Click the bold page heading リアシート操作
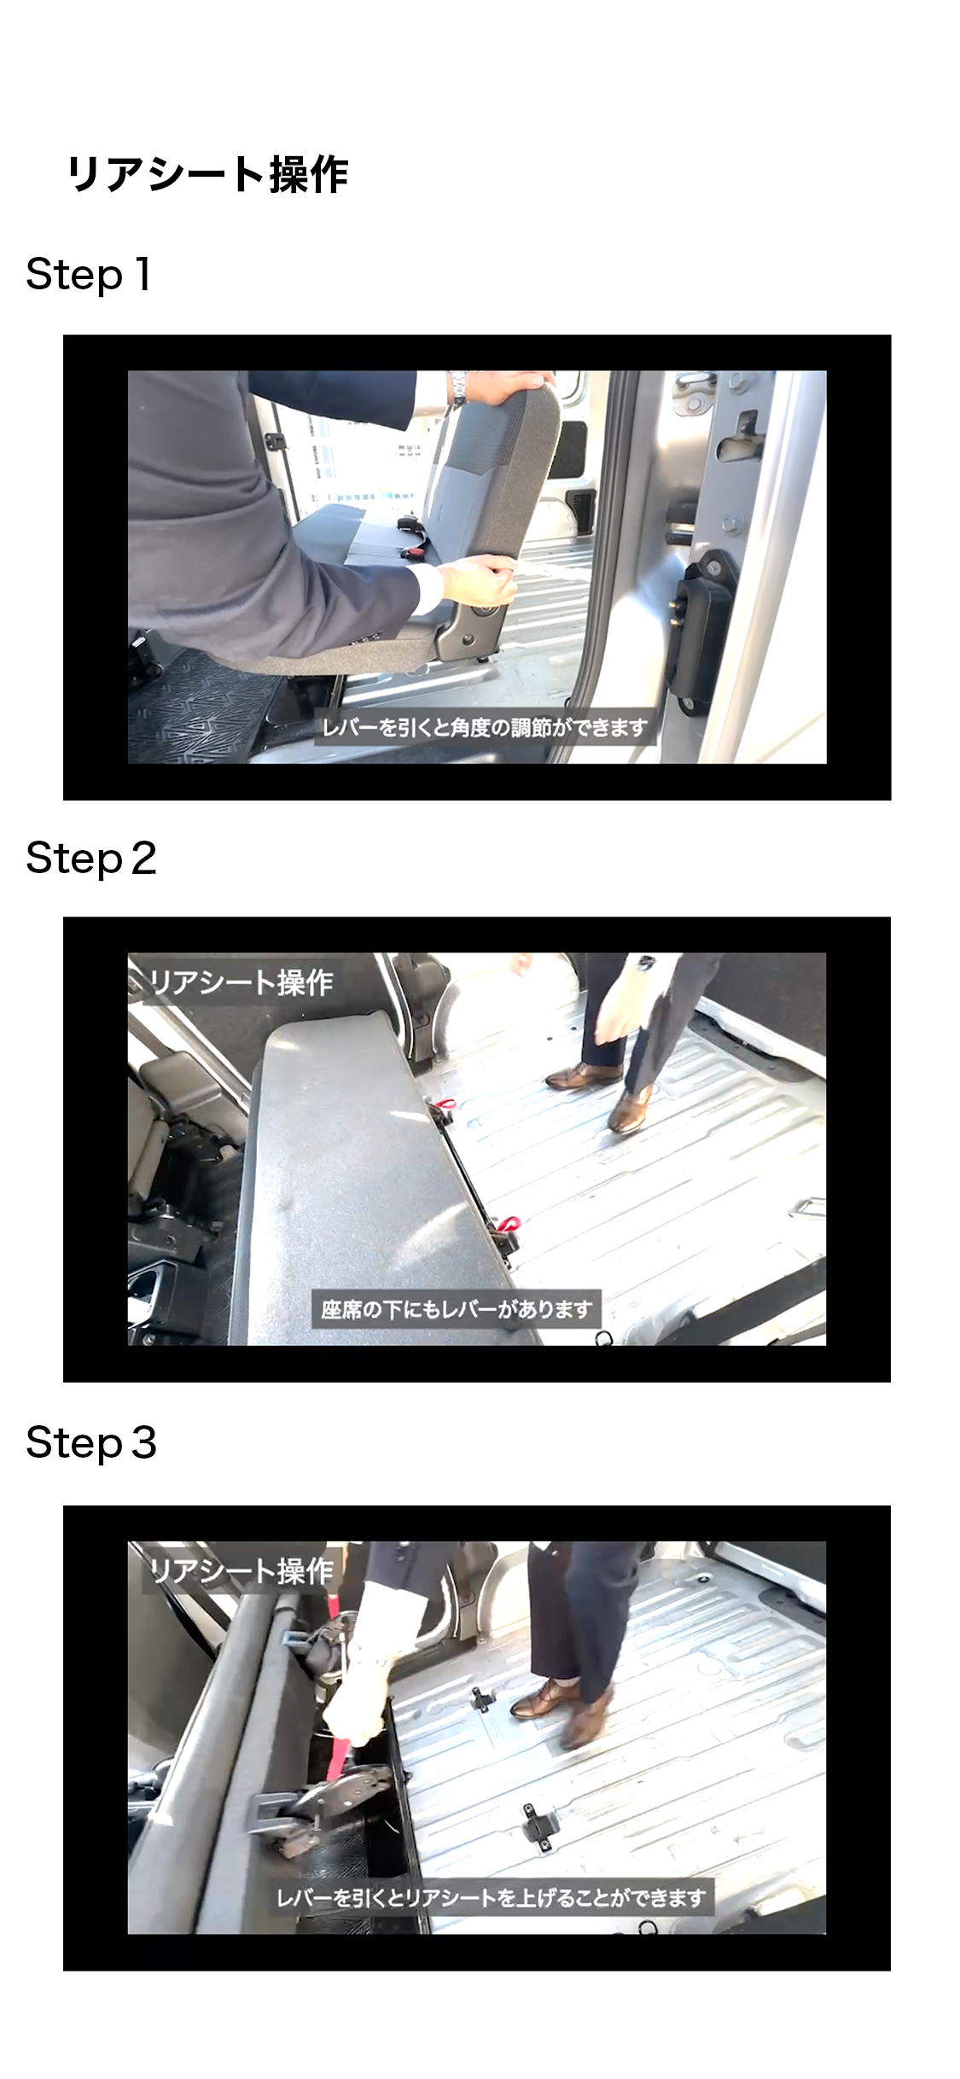207,174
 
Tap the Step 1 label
89,275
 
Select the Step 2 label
91,859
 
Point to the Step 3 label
91,1443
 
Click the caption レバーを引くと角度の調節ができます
485,728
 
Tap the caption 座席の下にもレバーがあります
457,1308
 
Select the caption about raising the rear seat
492,1897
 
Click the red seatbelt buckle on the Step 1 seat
416,554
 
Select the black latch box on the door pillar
699,629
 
